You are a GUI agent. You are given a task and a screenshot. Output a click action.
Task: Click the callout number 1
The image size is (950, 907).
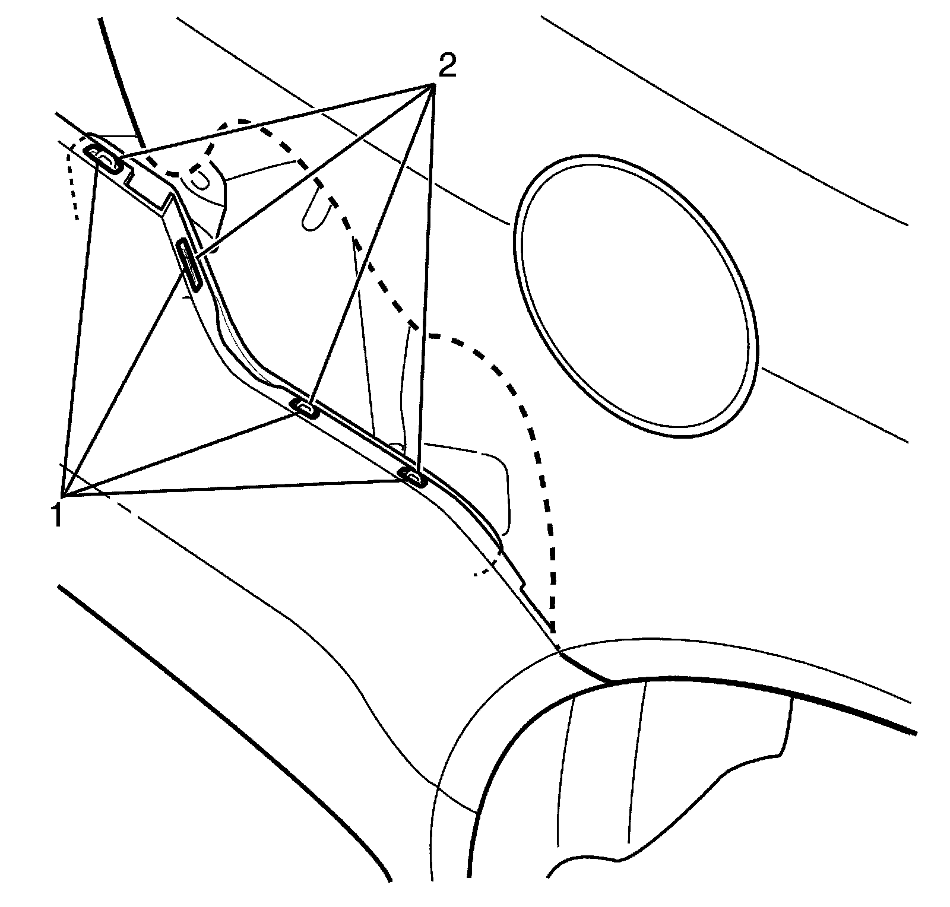57,514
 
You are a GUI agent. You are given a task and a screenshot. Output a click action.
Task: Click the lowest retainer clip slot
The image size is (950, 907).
412,476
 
